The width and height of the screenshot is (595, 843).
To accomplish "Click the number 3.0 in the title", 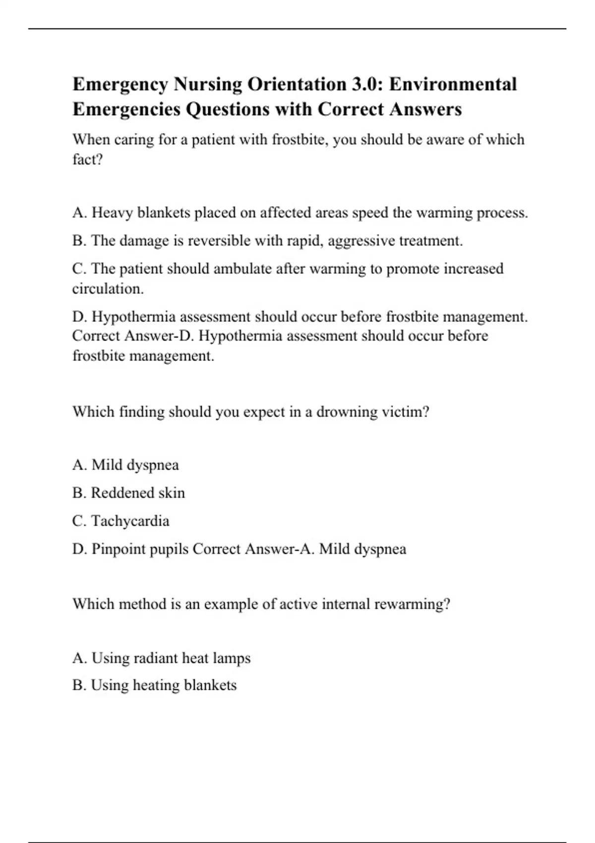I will (x=366, y=84).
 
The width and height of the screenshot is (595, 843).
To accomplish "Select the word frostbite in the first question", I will (x=299, y=140).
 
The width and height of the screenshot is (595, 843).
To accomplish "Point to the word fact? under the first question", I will (x=87, y=160).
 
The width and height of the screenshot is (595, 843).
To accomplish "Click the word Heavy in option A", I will (x=112, y=213).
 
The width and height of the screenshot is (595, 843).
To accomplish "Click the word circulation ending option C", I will (x=108, y=289).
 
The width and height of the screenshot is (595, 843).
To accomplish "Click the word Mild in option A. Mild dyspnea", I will (x=107, y=465).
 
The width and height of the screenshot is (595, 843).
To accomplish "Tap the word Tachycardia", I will (x=130, y=521).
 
